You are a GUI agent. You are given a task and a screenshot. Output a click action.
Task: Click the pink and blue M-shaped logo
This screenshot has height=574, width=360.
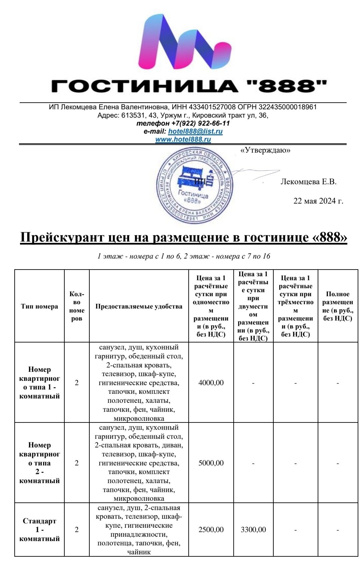point(184,42)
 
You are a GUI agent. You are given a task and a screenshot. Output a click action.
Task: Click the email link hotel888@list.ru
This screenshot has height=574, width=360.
point(195,131)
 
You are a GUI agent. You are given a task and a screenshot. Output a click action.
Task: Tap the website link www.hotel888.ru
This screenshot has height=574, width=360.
point(183,139)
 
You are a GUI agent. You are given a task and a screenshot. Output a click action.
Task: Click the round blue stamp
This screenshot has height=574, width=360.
point(195,185)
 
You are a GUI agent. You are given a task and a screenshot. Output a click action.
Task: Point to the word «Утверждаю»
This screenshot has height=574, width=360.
point(265,150)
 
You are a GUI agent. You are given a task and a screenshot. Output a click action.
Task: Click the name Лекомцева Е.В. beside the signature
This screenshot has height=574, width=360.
point(308,182)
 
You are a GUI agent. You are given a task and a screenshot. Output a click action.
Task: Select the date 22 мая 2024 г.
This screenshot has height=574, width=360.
point(318,201)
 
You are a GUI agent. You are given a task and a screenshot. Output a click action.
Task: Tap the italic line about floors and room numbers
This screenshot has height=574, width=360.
point(184,256)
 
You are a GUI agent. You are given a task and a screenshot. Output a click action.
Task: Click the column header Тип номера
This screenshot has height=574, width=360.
point(39,306)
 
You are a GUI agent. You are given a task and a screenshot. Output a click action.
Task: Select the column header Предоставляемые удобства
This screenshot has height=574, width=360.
point(139,306)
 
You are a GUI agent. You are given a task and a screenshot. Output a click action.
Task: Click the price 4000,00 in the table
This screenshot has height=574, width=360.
point(211,383)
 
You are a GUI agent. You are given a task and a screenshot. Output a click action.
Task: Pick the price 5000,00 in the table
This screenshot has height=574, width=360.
point(211,463)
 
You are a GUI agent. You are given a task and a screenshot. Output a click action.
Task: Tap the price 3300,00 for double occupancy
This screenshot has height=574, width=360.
point(253,530)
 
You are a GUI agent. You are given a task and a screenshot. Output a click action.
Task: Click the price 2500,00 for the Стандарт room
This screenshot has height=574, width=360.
point(211,530)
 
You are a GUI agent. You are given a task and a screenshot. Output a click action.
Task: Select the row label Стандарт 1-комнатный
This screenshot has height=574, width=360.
point(39,530)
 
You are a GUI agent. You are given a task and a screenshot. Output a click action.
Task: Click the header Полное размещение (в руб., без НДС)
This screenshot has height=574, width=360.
point(337,306)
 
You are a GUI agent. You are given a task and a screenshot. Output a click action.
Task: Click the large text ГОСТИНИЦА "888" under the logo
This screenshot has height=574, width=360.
point(189,86)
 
